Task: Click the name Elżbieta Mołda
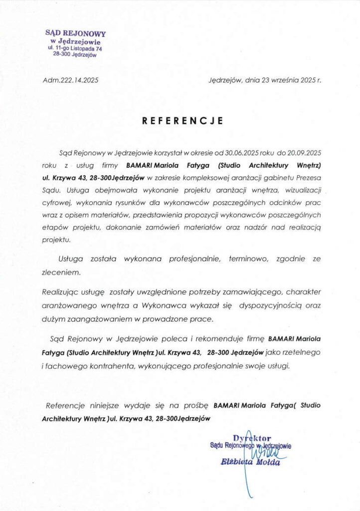[250, 462]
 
